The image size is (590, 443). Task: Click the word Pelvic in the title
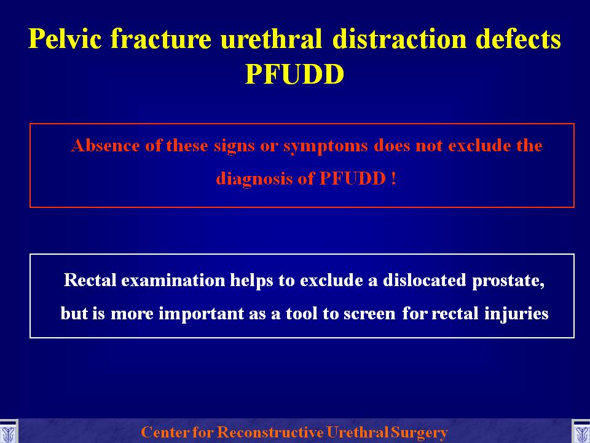[65, 39]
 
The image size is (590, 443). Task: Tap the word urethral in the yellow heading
[271, 39]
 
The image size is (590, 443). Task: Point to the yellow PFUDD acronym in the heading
[294, 74]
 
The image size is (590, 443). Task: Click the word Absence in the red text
[105, 145]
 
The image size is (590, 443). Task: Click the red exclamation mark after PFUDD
[393, 178]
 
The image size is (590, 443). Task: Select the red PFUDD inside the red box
[353, 178]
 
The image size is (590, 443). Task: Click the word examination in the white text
[173, 281]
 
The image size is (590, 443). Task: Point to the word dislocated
[425, 281]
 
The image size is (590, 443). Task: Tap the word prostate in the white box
[508, 281]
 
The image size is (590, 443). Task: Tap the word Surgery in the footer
[419, 433]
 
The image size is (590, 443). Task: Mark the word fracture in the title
[160, 39]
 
